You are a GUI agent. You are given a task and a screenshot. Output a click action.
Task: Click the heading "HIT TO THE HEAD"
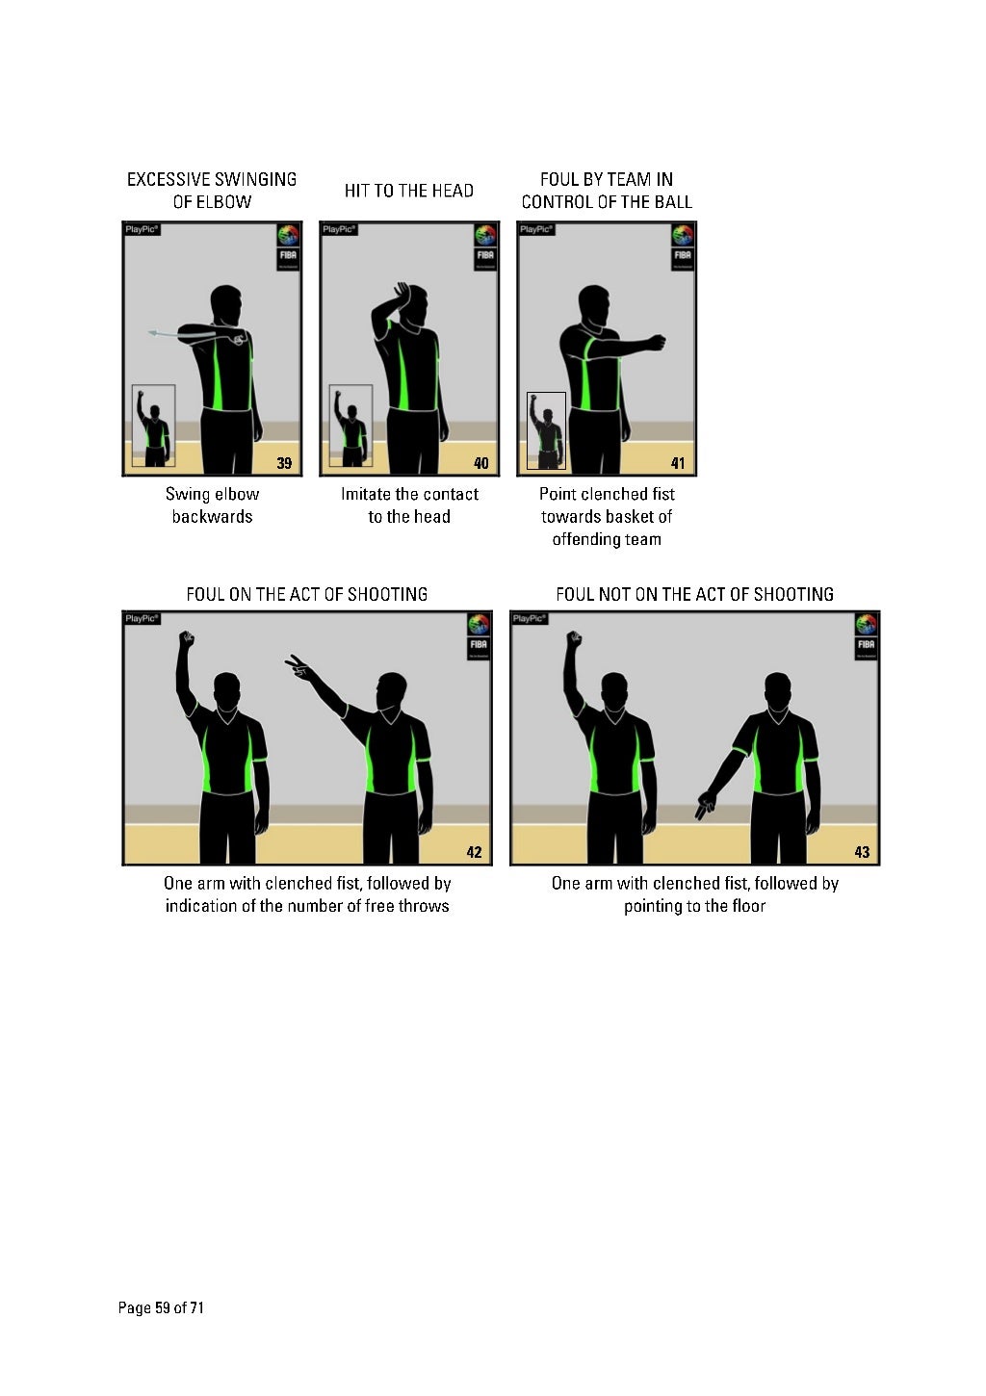(x=409, y=191)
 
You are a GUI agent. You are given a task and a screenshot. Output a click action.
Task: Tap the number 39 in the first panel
(x=284, y=463)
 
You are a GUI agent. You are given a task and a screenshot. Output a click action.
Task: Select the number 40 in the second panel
(x=481, y=463)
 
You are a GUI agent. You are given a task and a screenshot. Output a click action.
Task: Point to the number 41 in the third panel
(x=678, y=463)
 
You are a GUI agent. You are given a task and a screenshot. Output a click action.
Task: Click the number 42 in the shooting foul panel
(x=474, y=852)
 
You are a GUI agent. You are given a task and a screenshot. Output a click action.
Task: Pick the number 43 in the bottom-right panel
(x=862, y=852)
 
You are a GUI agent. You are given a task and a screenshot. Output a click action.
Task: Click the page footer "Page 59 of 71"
(x=161, y=1307)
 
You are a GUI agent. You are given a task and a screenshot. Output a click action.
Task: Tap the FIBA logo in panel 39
(x=288, y=246)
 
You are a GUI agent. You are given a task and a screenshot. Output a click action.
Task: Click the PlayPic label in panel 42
(x=142, y=618)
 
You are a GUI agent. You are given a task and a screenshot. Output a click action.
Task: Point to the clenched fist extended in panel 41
(x=657, y=342)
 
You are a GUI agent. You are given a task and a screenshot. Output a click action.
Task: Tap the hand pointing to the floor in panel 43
(x=706, y=807)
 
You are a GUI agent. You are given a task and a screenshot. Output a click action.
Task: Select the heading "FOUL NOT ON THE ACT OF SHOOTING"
(x=694, y=594)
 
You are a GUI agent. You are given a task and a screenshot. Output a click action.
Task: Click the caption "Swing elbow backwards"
(x=212, y=505)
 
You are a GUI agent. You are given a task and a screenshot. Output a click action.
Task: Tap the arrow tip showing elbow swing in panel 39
(x=152, y=333)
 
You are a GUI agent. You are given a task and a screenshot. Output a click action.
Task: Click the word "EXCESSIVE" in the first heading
(x=169, y=179)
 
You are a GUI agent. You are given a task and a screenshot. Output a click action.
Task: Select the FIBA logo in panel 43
(x=866, y=634)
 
